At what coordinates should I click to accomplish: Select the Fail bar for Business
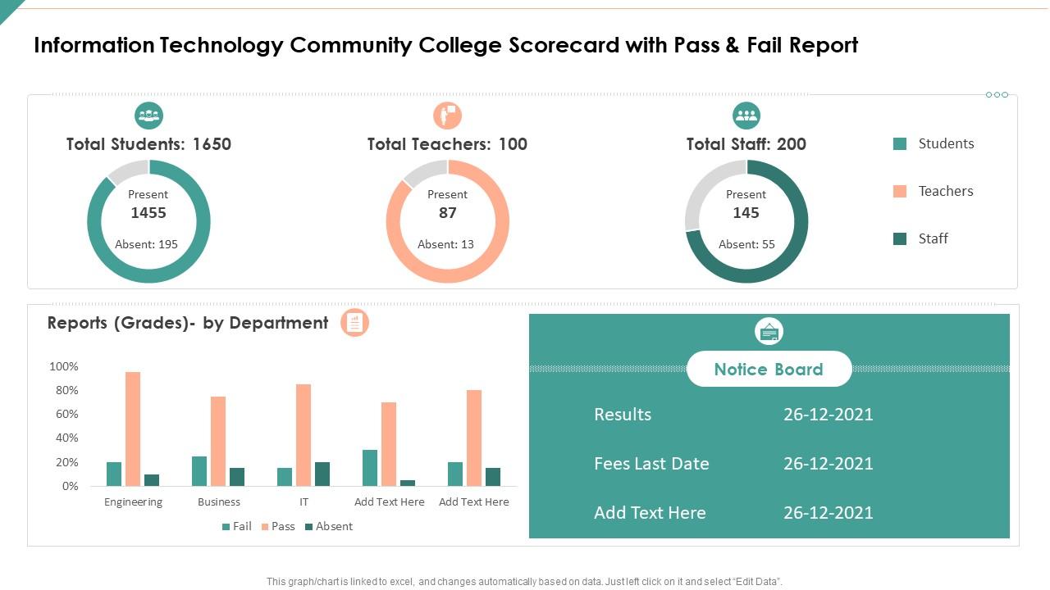coord(199,471)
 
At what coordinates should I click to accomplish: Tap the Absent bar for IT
coord(322,474)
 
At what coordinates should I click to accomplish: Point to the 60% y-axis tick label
coord(64,414)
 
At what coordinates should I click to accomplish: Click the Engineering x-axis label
coord(133,501)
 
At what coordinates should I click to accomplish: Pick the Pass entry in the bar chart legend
coord(277,526)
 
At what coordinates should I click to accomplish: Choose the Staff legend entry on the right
coord(933,238)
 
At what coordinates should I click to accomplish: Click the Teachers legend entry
coord(945,191)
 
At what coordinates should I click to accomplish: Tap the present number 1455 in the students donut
coord(148,213)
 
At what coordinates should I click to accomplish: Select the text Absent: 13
coord(445,244)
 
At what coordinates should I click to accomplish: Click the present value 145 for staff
coord(746,213)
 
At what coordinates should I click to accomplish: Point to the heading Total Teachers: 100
coord(447,144)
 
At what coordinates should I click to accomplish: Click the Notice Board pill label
coord(769,369)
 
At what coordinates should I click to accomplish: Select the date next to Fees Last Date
coord(828,463)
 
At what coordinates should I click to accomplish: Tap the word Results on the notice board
coord(623,414)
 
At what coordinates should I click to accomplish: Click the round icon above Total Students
coord(148,116)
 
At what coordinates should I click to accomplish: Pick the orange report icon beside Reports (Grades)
coord(354,323)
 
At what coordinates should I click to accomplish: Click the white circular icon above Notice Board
coord(769,332)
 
